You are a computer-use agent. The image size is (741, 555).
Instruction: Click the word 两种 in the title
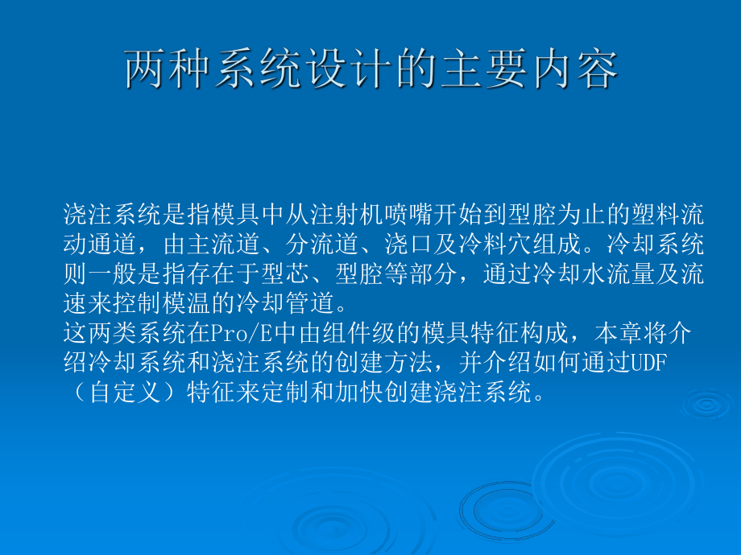pos(169,70)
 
